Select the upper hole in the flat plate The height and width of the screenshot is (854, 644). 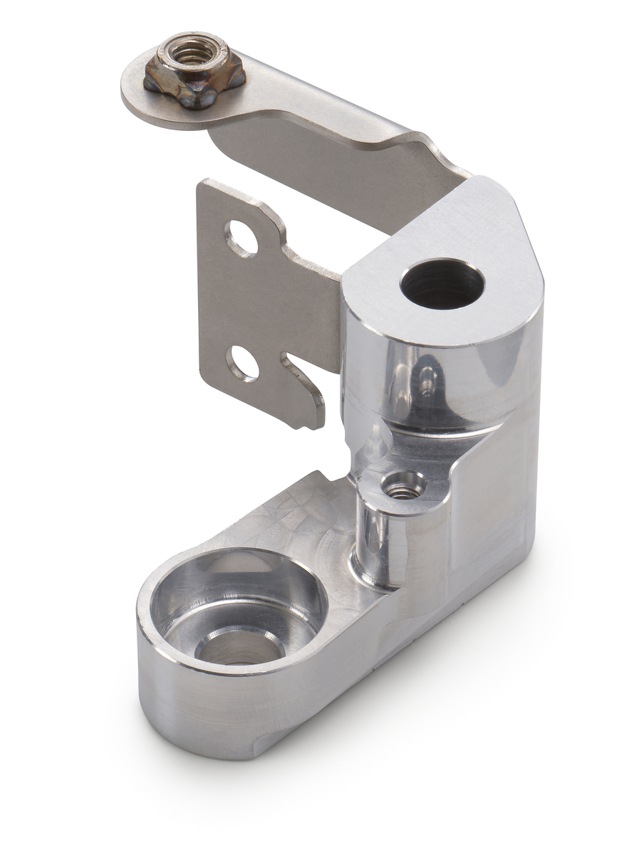tap(241, 238)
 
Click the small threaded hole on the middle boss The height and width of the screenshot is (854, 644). tap(403, 487)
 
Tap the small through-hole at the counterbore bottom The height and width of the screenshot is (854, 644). tap(239, 644)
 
